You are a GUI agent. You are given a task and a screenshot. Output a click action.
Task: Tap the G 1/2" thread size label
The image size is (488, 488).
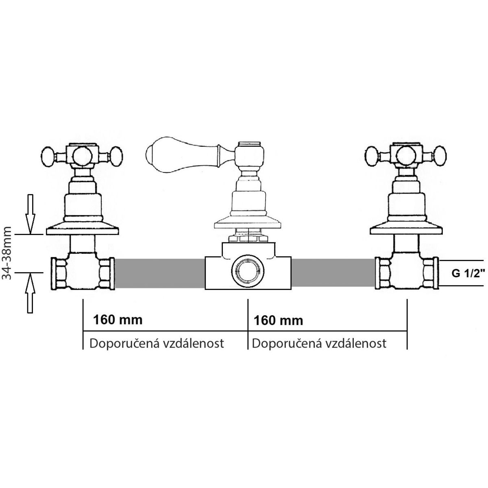tap(466, 274)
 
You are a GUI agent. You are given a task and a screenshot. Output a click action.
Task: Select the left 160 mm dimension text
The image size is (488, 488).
tap(118, 320)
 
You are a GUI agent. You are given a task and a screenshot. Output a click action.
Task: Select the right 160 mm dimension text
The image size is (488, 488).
tap(278, 320)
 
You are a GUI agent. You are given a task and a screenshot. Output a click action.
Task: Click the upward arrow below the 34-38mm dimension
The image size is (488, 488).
tap(30, 294)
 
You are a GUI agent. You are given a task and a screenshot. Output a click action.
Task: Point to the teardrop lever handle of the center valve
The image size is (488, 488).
tap(182, 155)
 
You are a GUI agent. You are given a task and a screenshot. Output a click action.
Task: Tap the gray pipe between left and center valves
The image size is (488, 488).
tap(159, 273)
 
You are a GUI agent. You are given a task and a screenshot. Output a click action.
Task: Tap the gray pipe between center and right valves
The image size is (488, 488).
tap(333, 273)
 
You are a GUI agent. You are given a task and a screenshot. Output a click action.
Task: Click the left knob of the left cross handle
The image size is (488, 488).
tap(48, 157)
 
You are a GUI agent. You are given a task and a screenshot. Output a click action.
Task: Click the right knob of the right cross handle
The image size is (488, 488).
tap(440, 157)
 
